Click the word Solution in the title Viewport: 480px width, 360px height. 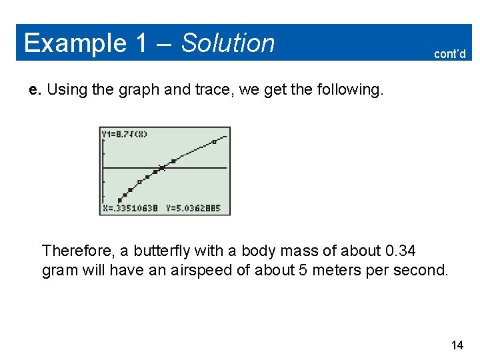[227, 43]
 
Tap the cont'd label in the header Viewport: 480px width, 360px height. [449, 54]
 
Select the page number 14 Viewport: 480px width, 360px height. [457, 345]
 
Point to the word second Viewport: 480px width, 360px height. [423, 271]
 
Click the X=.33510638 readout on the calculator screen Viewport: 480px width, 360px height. [130, 208]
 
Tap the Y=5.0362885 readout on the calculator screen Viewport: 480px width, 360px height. [193, 208]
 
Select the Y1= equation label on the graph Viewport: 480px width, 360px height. [125, 134]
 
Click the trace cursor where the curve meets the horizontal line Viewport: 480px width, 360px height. [161, 168]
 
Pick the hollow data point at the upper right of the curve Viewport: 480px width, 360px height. [214, 142]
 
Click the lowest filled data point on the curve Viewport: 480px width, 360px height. [120, 199]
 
